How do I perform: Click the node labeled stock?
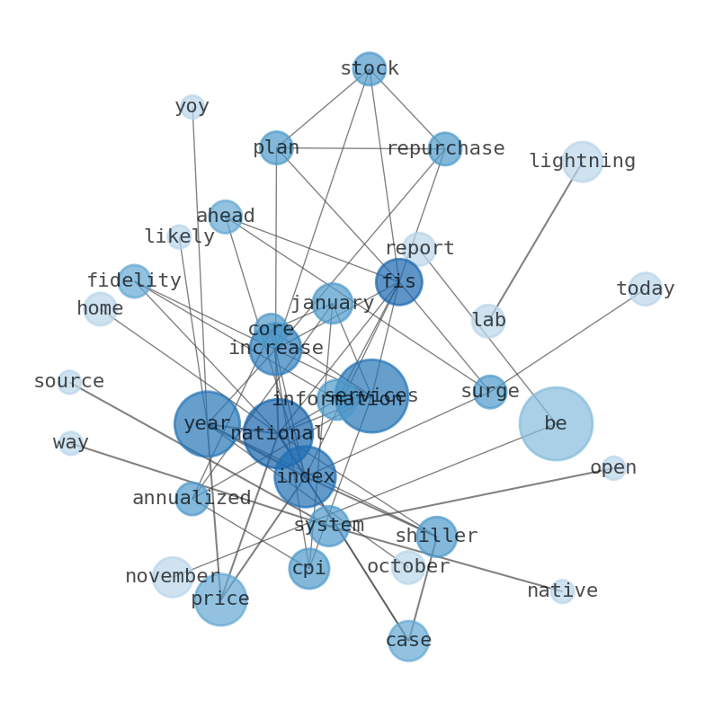pos(369,69)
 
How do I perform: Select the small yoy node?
pos(192,107)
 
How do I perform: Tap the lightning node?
pos(582,162)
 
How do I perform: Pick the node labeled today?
pos(645,288)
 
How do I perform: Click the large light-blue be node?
pos(556,423)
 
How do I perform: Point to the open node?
pos(613,467)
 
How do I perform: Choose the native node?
pos(562,590)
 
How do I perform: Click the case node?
pos(408,641)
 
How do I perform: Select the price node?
pos(220,599)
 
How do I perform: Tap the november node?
pos(173,577)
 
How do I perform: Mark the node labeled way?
pos(71,443)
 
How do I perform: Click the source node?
pos(69,382)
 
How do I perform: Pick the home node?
pos(100,309)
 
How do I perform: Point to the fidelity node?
pos(134,281)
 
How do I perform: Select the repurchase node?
pos(445,149)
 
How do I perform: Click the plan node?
pos(276,147)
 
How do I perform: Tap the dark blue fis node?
pos(398,282)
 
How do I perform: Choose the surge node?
pos(489,392)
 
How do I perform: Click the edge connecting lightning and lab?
pos(535,241)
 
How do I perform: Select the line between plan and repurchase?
pos(360,148)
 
